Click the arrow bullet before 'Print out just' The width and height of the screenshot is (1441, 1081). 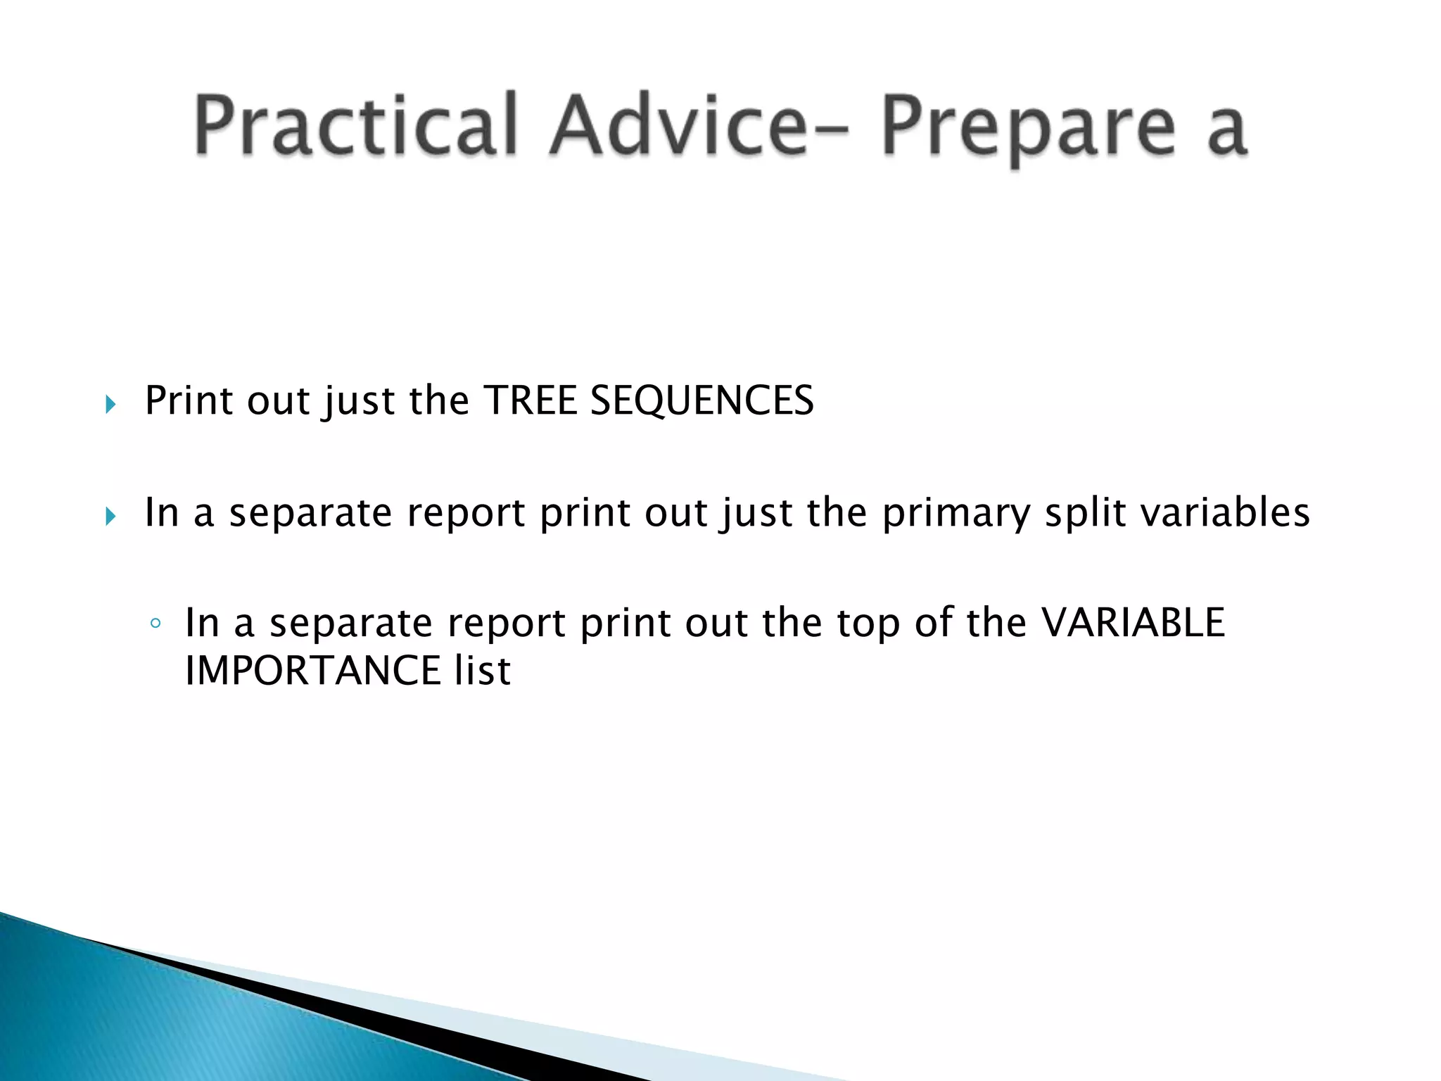[110, 404]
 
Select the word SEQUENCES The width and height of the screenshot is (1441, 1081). [702, 400]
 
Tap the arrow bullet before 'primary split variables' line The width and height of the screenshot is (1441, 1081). [110, 517]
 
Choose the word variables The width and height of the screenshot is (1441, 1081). [1225, 512]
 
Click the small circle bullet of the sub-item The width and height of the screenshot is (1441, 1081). [156, 624]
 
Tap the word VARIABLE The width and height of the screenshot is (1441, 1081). [1132, 623]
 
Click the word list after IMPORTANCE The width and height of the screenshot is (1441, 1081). [482, 670]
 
